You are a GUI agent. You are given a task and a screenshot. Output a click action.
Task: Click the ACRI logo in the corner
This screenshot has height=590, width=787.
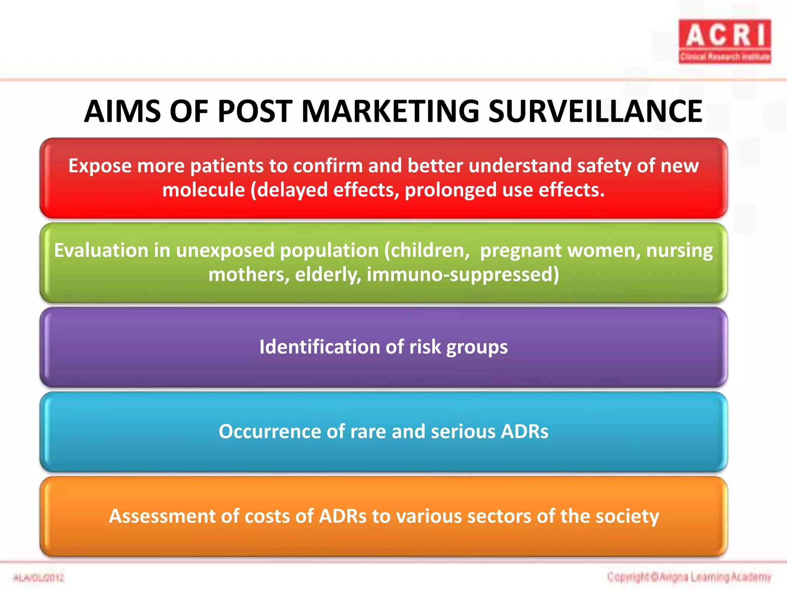pos(725,41)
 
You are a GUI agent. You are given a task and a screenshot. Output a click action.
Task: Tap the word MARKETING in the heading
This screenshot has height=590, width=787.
pos(390,111)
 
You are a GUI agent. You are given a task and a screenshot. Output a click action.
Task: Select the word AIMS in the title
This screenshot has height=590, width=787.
pos(122,111)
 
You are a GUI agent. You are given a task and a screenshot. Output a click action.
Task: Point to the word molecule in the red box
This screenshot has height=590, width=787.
pos(203,190)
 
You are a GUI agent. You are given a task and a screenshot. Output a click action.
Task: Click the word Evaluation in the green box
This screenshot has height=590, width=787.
pos(101,250)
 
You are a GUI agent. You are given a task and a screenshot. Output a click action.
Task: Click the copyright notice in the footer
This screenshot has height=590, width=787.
pos(689,577)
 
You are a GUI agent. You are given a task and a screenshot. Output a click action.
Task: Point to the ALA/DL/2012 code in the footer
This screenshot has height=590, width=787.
pos(39,578)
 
